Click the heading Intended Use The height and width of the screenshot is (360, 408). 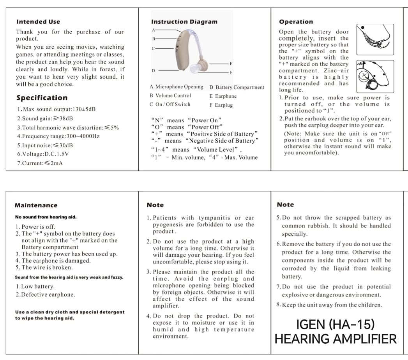pyautogui.click(x=38, y=22)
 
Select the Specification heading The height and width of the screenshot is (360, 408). pyautogui.click(x=42, y=98)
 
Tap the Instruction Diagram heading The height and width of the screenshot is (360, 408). pyautogui.click(x=184, y=22)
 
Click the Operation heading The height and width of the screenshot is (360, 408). pyautogui.click(x=296, y=22)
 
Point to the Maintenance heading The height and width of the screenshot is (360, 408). pyautogui.click(x=36, y=205)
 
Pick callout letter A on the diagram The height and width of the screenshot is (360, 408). pyautogui.click(x=153, y=30)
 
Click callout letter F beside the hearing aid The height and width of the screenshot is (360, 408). pyautogui.click(x=231, y=72)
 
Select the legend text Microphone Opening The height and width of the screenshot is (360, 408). pyautogui.click(x=179, y=87)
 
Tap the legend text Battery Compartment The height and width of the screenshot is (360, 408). pyautogui.click(x=240, y=88)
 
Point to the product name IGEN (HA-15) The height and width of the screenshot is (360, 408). pyautogui.click(x=336, y=324)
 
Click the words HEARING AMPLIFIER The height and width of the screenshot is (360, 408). pyautogui.click(x=336, y=339)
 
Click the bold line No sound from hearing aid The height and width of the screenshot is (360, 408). pyautogui.click(x=46, y=217)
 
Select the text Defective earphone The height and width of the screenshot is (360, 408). pyautogui.click(x=45, y=295)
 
